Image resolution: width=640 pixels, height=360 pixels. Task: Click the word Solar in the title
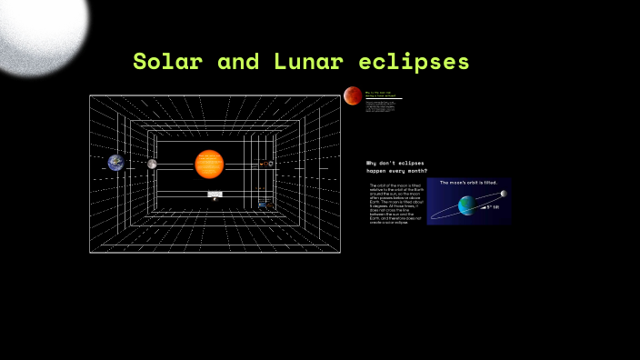(x=168, y=62)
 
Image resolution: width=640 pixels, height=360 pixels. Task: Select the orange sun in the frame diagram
(x=209, y=164)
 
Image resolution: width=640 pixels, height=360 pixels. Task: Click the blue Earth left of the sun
(x=115, y=163)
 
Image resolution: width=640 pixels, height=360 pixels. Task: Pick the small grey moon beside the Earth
(x=152, y=164)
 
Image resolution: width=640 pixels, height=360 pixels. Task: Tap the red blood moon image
(x=353, y=95)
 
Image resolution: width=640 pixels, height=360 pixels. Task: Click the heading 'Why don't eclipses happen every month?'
(x=396, y=166)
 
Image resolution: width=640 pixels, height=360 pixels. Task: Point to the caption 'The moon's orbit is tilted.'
(x=468, y=183)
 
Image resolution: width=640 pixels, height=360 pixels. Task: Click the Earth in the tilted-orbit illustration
(x=466, y=206)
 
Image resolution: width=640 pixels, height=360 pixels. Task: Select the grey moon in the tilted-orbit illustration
(x=503, y=194)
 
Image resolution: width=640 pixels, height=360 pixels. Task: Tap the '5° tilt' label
(x=493, y=207)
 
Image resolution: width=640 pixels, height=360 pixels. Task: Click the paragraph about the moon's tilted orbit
(x=395, y=203)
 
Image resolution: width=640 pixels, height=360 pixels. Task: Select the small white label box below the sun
(x=215, y=194)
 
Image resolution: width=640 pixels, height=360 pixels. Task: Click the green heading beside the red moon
(x=382, y=94)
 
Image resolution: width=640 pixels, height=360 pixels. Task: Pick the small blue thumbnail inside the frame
(x=262, y=205)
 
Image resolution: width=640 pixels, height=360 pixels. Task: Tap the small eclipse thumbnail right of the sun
(x=265, y=164)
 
